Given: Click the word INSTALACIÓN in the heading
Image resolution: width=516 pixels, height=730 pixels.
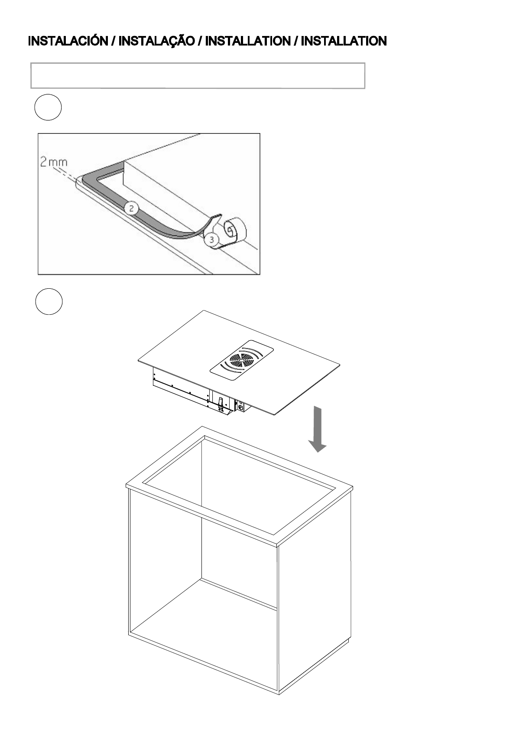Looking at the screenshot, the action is (x=68, y=42).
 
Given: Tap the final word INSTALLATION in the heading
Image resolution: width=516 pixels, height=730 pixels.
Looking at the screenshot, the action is (x=344, y=42).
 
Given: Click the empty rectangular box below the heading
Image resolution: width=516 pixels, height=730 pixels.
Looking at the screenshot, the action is (x=198, y=75).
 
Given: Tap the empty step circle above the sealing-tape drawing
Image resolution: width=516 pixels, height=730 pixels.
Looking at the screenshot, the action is (x=48, y=107).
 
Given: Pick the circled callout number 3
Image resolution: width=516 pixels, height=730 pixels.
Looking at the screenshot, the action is (x=211, y=239).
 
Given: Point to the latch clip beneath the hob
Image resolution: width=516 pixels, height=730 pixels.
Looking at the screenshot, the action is (x=221, y=404).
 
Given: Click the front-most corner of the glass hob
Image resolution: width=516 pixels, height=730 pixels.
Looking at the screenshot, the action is (x=274, y=415).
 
